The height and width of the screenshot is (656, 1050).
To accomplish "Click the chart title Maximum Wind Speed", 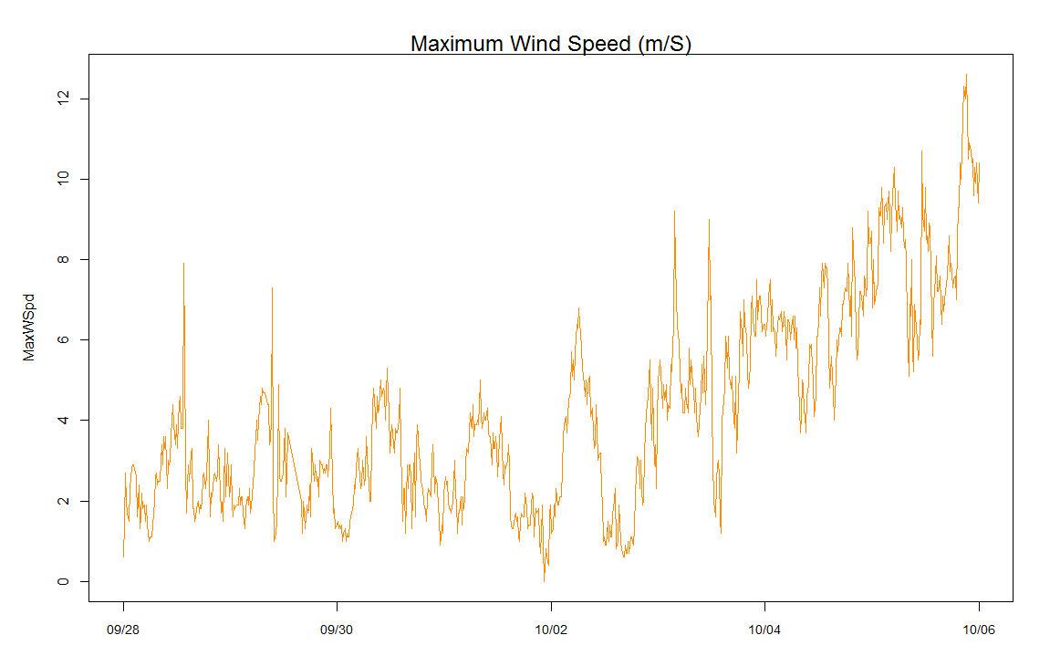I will [551, 44].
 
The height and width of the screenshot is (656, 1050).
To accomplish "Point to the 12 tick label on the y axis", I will [60, 98].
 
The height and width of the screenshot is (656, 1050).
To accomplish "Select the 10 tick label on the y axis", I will [60, 178].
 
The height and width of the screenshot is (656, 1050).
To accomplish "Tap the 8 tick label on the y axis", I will [60, 259].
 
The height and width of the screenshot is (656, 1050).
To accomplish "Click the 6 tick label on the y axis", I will [60, 339].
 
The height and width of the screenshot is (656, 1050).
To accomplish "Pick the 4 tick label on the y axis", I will [60, 420].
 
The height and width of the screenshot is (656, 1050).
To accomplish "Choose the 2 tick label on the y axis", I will [60, 501].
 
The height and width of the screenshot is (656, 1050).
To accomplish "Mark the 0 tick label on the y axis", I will [60, 581].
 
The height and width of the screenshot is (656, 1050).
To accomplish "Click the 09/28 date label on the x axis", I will [123, 630].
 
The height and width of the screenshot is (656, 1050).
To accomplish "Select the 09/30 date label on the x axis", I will [337, 630].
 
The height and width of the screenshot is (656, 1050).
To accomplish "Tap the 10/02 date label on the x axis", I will [551, 630].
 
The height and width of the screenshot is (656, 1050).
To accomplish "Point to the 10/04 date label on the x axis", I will [764, 630].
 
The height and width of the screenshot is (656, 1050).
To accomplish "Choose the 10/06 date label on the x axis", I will [979, 630].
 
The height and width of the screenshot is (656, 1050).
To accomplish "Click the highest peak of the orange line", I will [966, 76].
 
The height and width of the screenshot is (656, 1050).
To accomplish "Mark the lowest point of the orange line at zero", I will [545, 580].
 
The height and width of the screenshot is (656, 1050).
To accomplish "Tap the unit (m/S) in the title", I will [664, 44].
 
